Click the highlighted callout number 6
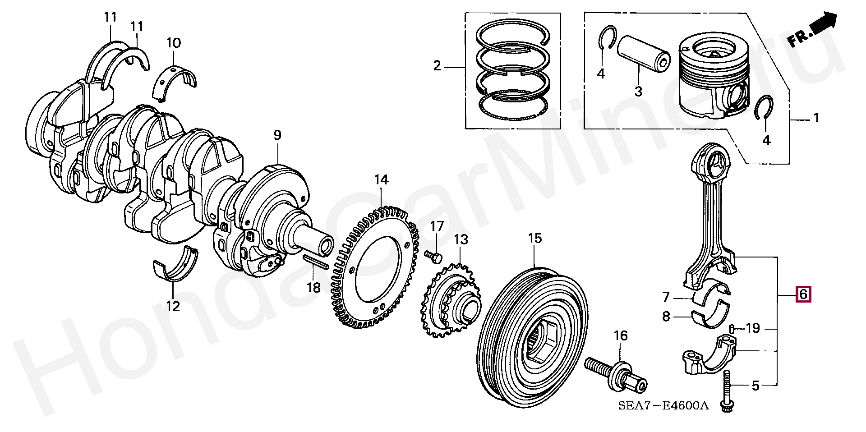tap(803, 294)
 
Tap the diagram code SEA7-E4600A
tap(663, 405)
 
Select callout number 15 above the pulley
tap(535, 238)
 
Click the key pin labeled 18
tap(316, 262)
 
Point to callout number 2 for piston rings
tap(437, 66)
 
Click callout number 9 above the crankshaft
tap(277, 135)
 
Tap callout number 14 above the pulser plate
tap(381, 180)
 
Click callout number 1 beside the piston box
tap(815, 118)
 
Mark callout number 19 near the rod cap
tap(753, 328)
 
